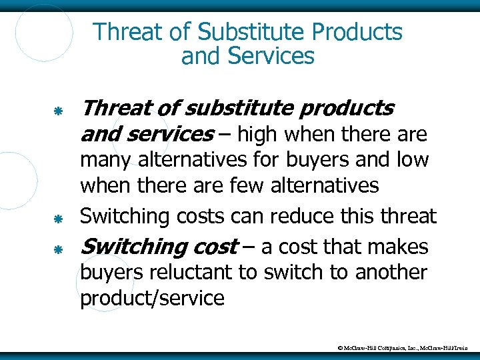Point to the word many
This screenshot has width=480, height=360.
104,161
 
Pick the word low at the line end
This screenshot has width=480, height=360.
413,160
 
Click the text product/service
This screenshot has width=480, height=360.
152,298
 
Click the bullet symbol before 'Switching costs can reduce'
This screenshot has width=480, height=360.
58,217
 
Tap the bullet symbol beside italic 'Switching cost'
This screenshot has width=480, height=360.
58,249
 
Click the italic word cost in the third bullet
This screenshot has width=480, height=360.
214,247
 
